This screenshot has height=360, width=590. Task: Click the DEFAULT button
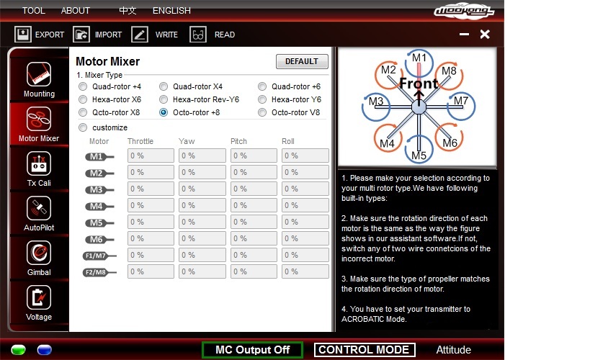302,61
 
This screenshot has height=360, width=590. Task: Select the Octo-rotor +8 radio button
164,112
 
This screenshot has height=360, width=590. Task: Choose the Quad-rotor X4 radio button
164,87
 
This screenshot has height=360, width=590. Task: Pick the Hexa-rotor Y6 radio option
262,99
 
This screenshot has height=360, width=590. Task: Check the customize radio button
83,127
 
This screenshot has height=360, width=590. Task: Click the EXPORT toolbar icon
22,35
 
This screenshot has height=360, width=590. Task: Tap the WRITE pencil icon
140,35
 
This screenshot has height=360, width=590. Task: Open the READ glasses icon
198,35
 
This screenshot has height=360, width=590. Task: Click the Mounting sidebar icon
39,74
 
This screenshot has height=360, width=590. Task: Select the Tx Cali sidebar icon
39,163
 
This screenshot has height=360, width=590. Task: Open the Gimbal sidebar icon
39,253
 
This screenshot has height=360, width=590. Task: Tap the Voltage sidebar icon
39,297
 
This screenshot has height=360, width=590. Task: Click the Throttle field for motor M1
151,156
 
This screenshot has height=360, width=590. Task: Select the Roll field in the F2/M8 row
305,271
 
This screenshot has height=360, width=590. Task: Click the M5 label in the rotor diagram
419,156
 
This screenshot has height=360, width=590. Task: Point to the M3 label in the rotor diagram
376,102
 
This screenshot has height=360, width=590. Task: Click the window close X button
485,35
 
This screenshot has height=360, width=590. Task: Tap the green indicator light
19,350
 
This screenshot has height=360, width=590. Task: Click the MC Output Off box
252,350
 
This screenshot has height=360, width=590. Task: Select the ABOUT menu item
75,11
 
